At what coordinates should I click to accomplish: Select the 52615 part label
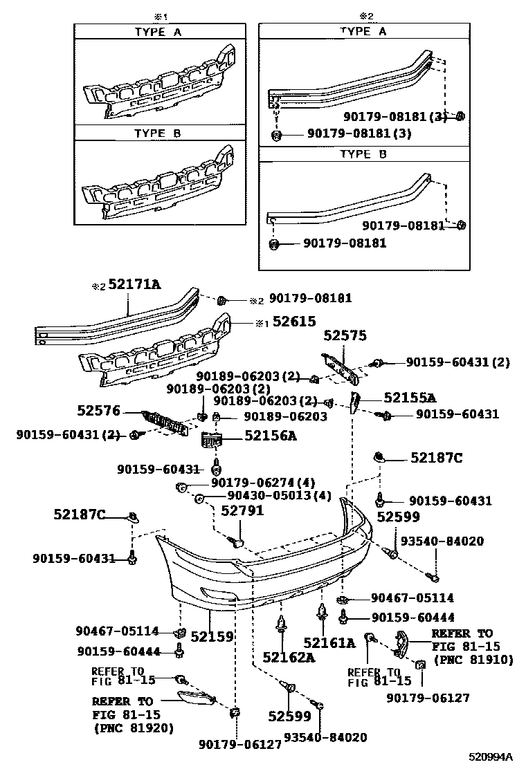[x=293, y=322]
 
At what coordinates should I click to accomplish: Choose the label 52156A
[x=270, y=436]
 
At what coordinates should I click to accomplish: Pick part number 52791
[x=239, y=511]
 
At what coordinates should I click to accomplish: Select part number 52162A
[x=288, y=657]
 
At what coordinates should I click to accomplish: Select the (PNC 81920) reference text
[x=133, y=728]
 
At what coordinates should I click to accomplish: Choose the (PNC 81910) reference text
[x=473, y=660]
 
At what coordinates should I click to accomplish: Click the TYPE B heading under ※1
[x=158, y=133]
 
